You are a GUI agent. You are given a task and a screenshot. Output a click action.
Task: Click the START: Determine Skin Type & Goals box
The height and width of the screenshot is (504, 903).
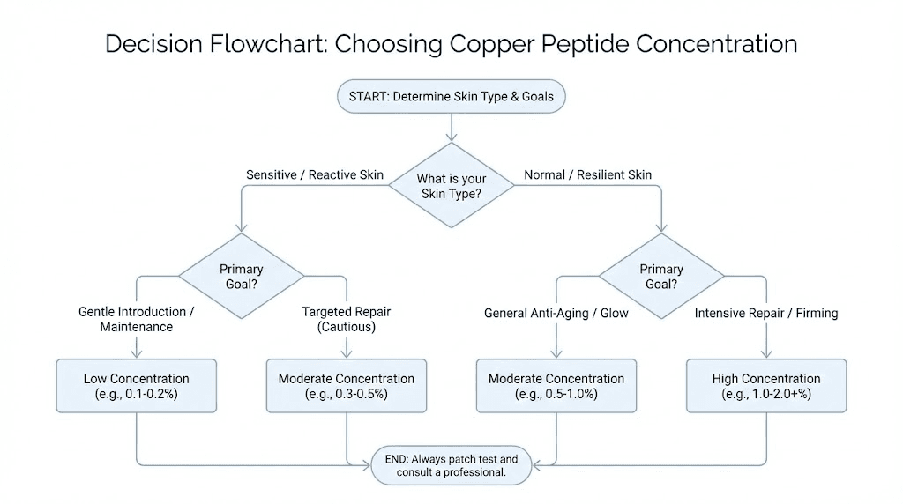451,96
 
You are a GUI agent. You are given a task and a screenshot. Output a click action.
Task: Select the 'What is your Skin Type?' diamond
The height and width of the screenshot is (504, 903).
451,186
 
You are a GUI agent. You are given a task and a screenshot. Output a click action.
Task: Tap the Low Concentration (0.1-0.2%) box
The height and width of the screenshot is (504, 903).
136,386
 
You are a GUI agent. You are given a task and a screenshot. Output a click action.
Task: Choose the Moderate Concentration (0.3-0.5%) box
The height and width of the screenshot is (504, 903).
346,386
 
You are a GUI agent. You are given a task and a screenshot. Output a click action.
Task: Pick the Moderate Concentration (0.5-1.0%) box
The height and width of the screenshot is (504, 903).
556,386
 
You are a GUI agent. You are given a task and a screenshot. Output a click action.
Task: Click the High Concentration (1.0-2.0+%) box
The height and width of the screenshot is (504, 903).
765,386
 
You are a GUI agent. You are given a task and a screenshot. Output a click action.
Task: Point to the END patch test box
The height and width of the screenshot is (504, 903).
451,465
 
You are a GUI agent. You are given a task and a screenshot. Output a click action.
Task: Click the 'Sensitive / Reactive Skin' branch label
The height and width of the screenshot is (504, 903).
314,174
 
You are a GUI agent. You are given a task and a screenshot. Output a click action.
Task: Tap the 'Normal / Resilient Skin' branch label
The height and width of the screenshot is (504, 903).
588,174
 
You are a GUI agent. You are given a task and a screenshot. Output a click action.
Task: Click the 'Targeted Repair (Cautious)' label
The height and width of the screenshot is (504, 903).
346,319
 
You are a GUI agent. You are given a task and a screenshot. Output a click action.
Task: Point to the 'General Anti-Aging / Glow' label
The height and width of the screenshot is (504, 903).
556,313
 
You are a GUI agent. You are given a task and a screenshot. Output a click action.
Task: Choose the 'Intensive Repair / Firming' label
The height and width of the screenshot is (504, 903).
765,313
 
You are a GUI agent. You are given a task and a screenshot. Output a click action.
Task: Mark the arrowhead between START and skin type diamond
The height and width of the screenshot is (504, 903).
451,137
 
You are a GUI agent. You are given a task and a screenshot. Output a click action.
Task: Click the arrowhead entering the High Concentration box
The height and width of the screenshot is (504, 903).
765,354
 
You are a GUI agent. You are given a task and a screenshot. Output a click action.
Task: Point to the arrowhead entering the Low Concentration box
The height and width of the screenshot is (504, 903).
136,354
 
